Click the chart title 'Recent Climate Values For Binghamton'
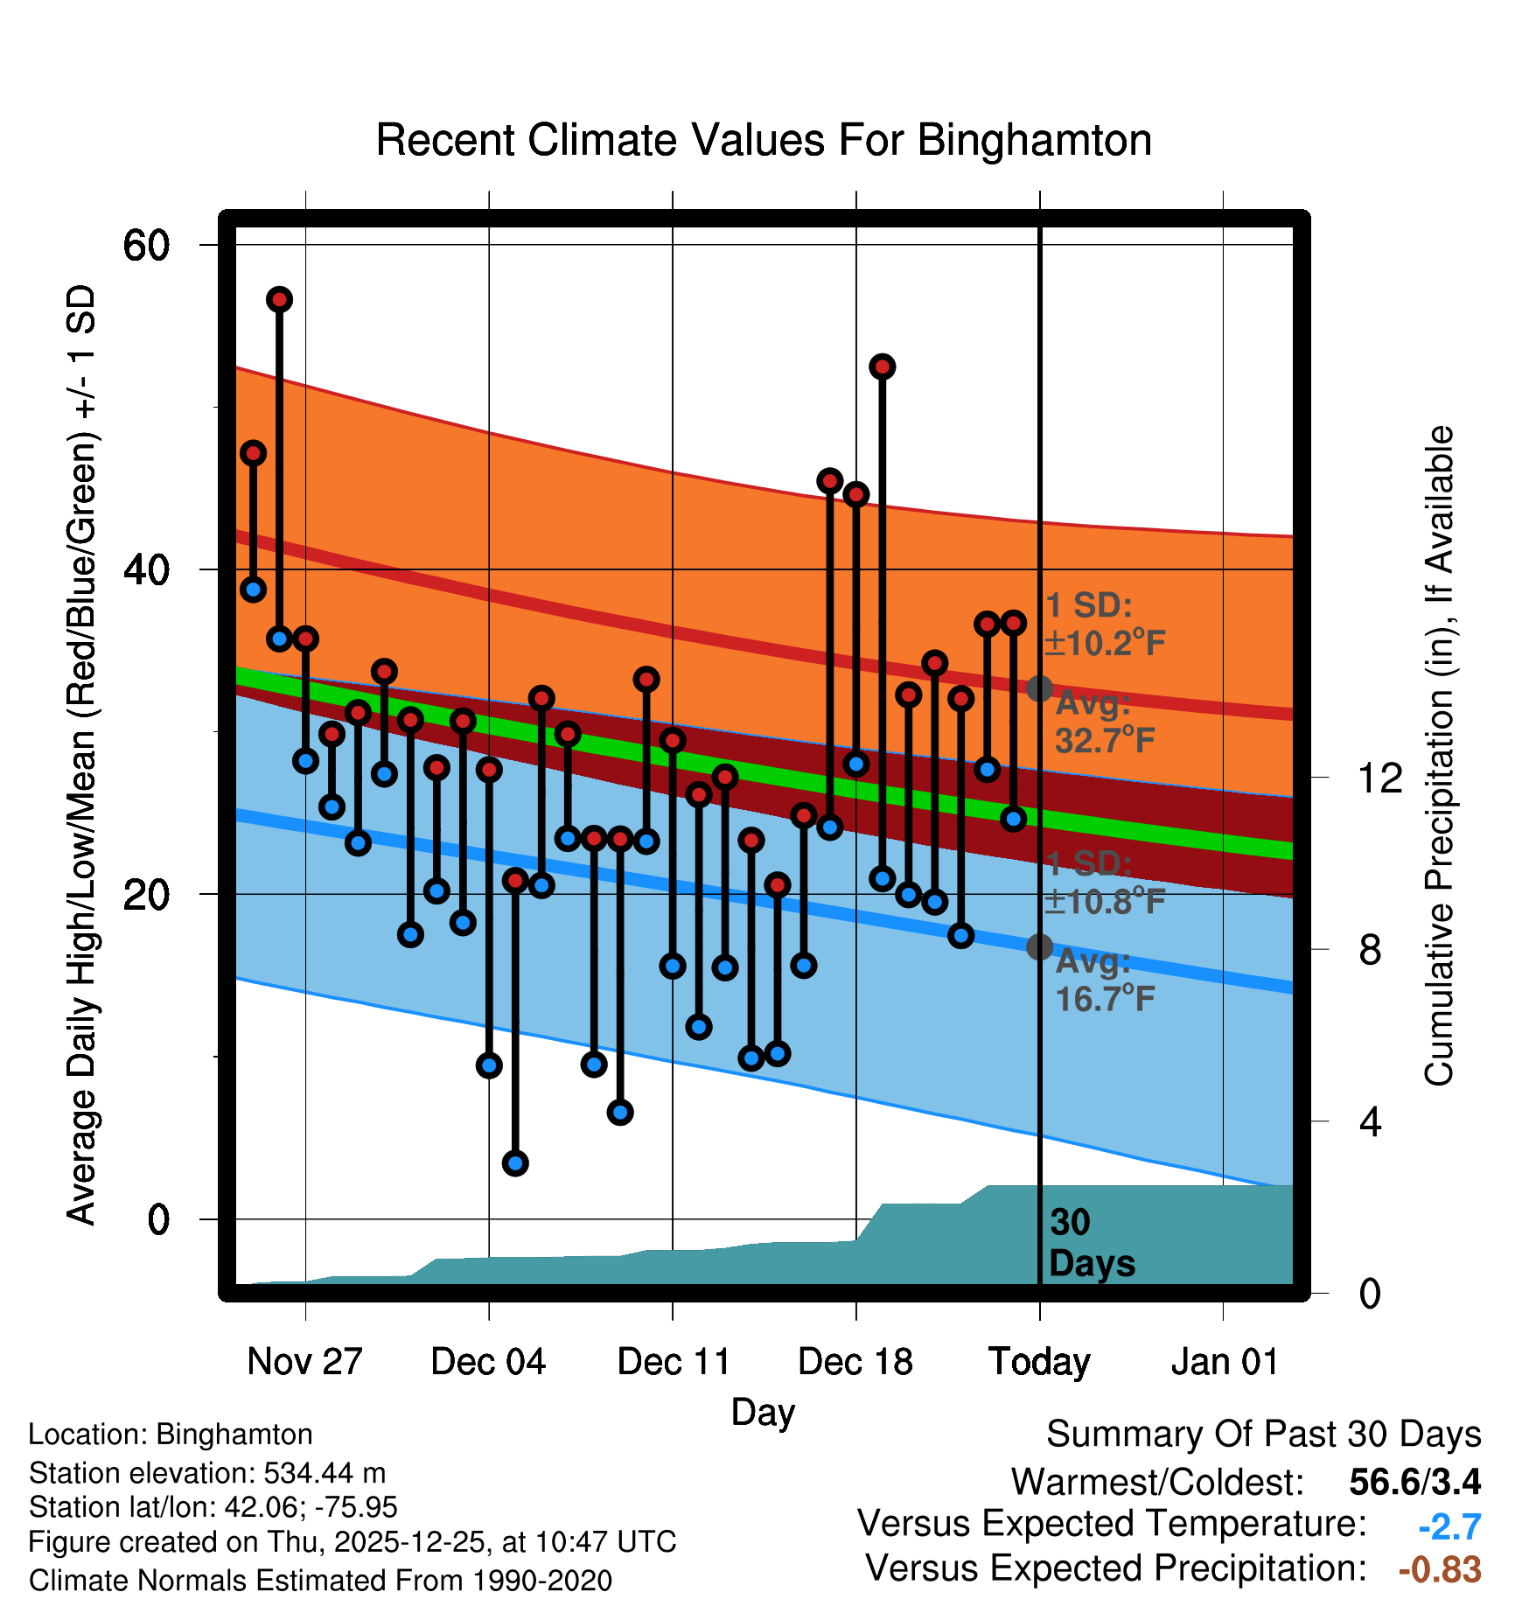pyautogui.click(x=764, y=140)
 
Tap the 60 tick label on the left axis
pyautogui.click(x=146, y=245)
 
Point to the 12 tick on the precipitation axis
pyautogui.click(x=1380, y=778)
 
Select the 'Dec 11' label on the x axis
pyautogui.click(x=673, y=1362)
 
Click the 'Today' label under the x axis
pyautogui.click(x=1039, y=1362)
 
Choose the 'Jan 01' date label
pyautogui.click(x=1224, y=1362)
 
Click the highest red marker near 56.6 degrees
pyautogui.click(x=279, y=300)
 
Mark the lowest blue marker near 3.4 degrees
pyautogui.click(x=515, y=1163)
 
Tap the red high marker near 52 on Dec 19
pyautogui.click(x=882, y=367)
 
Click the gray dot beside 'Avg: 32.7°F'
pyautogui.click(x=1039, y=688)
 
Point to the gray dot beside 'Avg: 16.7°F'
pyautogui.click(x=1039, y=946)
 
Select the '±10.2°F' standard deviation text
pyautogui.click(x=1104, y=643)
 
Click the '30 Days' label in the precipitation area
pyautogui.click(x=1091, y=1243)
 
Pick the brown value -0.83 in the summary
pyautogui.click(x=1440, y=1569)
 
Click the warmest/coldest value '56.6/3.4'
pyautogui.click(x=1414, y=1482)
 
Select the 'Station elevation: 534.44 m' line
pyautogui.click(x=207, y=1473)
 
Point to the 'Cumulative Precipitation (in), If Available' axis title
pyautogui.click(x=1439, y=756)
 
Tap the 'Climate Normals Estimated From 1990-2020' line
pyautogui.click(x=320, y=1581)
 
